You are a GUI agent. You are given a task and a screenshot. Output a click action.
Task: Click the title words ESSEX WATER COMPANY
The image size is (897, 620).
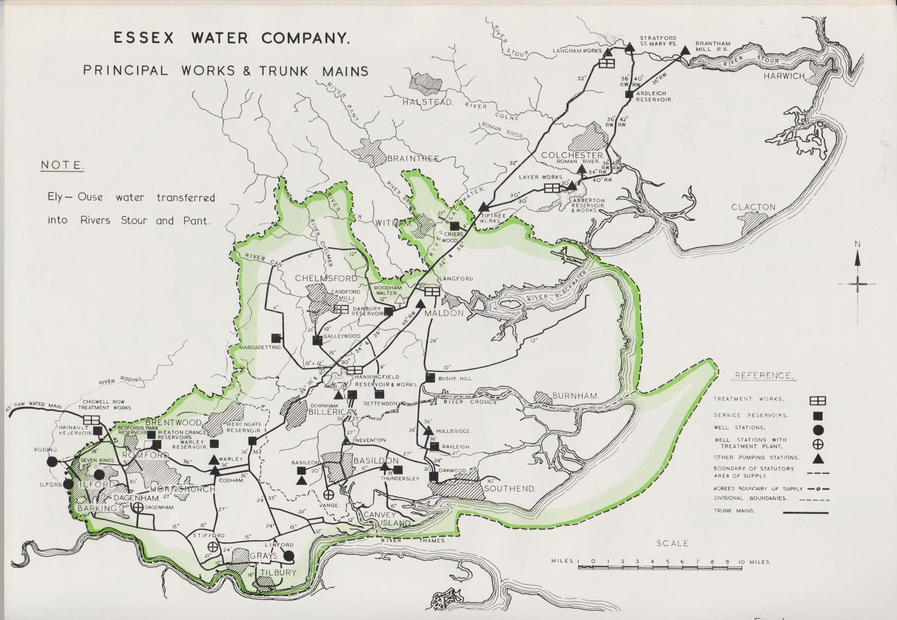coord(231,38)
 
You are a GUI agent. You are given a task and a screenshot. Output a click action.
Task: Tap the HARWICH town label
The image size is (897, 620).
coord(784,76)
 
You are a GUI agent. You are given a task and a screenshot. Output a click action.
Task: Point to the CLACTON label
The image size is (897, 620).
coord(753,207)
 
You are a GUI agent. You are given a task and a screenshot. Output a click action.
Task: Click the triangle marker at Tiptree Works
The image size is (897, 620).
coord(483,207)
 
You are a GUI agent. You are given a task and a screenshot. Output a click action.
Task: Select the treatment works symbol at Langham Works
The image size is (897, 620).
coord(607,63)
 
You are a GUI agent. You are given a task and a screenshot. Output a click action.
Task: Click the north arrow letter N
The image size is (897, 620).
coord(857,244)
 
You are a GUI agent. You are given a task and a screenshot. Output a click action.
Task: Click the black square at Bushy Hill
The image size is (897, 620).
coord(430,377)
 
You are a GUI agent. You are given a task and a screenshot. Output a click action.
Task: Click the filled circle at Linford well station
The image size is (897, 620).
coord(288,556)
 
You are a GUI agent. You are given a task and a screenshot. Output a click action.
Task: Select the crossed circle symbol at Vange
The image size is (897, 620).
coord(328,495)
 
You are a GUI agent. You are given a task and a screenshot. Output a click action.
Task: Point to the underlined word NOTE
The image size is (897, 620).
coord(62,165)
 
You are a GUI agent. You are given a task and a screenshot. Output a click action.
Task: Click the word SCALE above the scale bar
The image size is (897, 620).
coord(673,543)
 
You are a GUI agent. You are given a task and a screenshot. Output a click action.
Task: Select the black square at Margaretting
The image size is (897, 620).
coord(276,338)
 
